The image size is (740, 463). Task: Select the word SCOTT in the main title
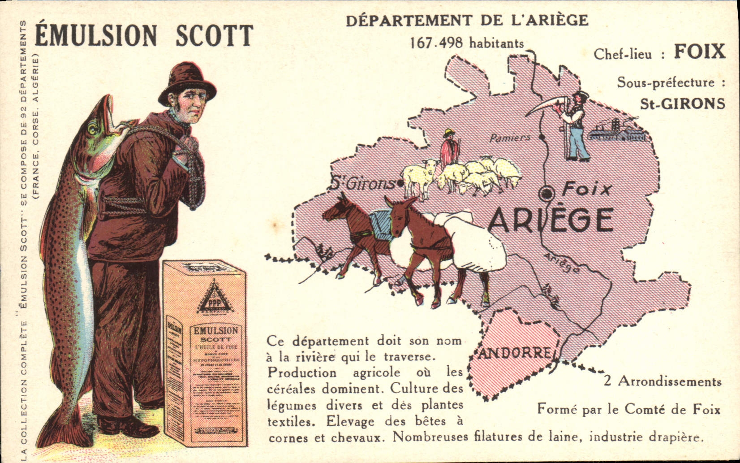[x=214, y=36]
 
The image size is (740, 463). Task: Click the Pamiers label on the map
[x=509, y=138]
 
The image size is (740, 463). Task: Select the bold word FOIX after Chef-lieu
[x=699, y=52]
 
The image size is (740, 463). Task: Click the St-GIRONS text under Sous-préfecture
[x=682, y=104]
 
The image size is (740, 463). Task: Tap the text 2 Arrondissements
[x=663, y=382]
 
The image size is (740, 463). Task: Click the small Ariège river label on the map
[x=562, y=263]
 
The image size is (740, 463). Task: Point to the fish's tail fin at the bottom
[x=60, y=428]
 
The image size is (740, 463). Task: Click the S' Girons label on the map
[x=361, y=184]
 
